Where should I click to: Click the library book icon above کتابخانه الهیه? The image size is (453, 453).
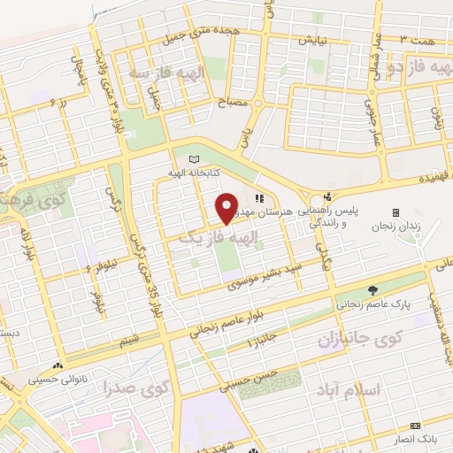[195, 159]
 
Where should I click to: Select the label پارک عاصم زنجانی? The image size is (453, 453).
[371, 303]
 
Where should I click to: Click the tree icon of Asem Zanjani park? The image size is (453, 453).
[372, 289]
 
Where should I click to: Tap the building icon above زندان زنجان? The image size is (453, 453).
[395, 212]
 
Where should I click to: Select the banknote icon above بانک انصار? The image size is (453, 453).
[415, 426]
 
